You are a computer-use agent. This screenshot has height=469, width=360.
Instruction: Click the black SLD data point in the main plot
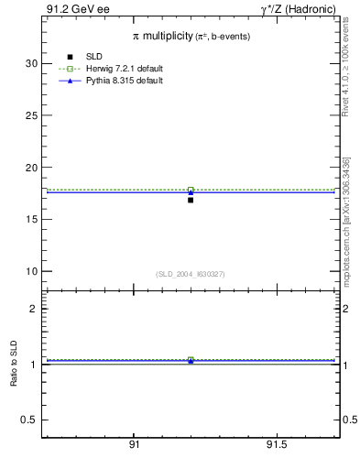click(191, 200)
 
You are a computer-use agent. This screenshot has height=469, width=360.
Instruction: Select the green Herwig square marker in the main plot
click(191, 190)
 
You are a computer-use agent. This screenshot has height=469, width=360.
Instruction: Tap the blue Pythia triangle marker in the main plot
click(191, 192)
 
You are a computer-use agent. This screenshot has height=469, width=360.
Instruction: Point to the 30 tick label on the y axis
click(30, 63)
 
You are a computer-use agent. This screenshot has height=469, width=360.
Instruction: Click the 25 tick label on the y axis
click(30, 115)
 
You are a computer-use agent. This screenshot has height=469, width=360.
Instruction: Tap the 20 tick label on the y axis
click(30, 168)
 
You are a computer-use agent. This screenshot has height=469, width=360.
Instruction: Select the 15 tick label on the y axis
click(30, 220)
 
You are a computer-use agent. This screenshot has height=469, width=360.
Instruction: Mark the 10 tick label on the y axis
click(30, 271)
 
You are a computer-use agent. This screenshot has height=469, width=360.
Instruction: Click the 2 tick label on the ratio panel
click(33, 309)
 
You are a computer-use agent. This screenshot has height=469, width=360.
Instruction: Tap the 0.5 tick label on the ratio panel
click(29, 420)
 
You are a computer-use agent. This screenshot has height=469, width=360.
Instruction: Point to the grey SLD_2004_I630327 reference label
click(190, 274)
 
